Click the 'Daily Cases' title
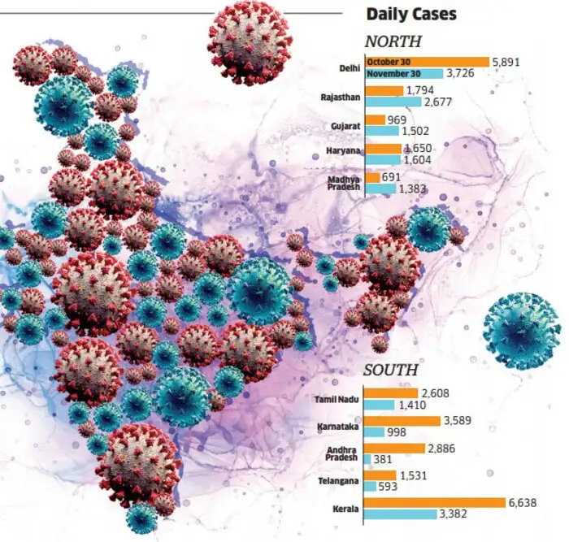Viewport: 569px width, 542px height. tap(411, 14)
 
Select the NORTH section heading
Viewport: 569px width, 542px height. tap(394, 41)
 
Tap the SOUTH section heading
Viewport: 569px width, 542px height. tap(391, 370)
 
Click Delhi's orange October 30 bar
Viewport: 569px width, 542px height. tap(427, 62)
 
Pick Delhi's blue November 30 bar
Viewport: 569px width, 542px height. tap(404, 74)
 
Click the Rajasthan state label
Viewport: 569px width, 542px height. tap(341, 97)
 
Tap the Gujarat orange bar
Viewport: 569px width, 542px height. tap(376, 119)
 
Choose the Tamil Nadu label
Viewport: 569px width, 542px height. tap(337, 399)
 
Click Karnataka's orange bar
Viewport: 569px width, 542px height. tap(402, 420)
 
